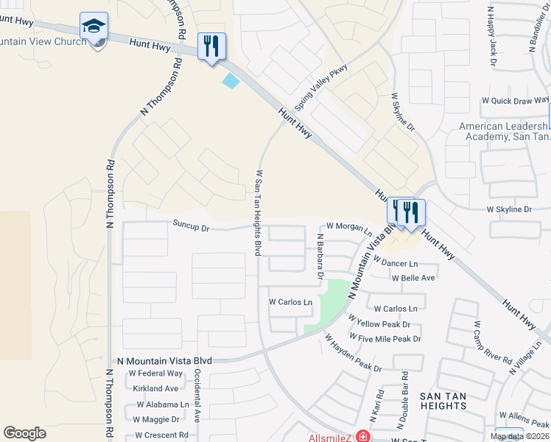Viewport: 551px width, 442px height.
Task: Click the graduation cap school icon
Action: tap(94, 27)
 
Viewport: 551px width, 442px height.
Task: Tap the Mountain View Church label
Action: tap(44, 42)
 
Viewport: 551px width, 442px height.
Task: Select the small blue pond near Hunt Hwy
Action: tap(231, 81)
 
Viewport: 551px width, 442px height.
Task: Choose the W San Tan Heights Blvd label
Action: tap(259, 212)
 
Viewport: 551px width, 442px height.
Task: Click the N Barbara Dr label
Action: tap(320, 257)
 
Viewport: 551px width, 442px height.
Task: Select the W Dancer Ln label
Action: tap(395, 263)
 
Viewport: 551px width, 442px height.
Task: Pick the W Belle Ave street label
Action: tap(413, 278)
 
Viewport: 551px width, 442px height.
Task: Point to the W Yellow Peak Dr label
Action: tap(383, 324)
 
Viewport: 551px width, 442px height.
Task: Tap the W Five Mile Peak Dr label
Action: tap(385, 339)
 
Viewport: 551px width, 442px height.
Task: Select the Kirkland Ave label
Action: tap(156, 388)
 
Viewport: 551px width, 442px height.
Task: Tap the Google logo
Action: tap(24, 433)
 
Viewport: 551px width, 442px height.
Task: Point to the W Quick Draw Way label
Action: tap(515, 100)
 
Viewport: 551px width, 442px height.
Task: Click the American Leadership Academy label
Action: tap(505, 131)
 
